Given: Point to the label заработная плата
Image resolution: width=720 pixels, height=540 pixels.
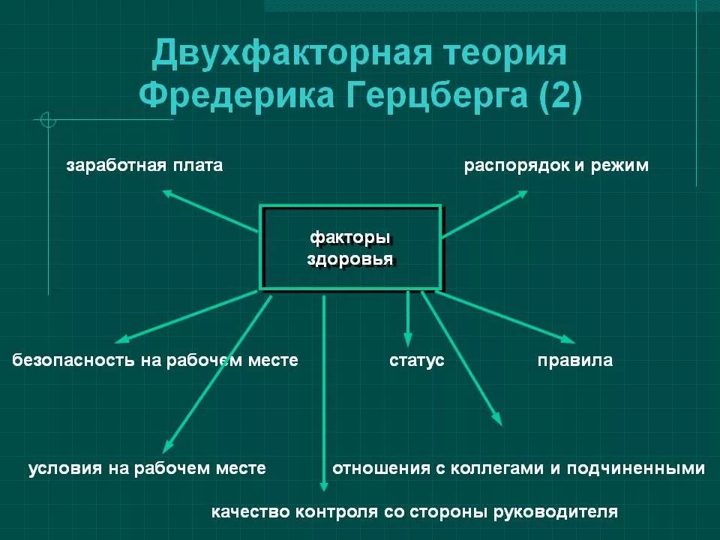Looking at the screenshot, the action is (145, 165).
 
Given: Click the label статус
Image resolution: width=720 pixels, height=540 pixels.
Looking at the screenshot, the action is (416, 360).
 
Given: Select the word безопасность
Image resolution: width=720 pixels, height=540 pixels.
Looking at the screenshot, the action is (73, 360).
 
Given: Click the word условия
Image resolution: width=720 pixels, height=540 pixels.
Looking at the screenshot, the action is (64, 469).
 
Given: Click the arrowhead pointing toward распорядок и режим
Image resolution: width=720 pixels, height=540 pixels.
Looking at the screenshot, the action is (523, 193).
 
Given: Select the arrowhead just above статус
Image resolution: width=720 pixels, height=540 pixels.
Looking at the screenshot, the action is (408, 340).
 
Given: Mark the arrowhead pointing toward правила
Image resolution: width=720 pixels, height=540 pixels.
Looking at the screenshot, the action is (569, 340).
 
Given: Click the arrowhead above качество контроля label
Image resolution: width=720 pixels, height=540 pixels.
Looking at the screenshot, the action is (324, 485).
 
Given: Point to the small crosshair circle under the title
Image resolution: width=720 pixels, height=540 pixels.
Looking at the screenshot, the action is (48, 120).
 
